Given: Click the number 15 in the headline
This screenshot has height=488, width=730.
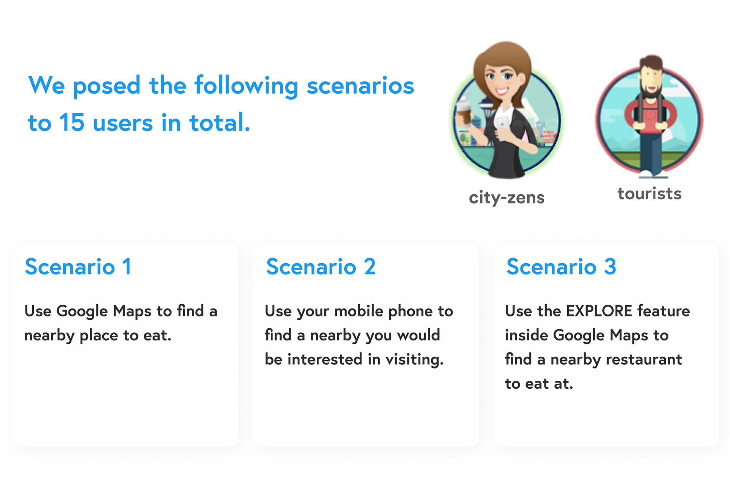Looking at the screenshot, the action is click(71, 122).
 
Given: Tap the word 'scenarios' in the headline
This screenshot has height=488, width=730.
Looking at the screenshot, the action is click(360, 85).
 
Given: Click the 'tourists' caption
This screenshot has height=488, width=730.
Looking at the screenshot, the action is click(649, 194).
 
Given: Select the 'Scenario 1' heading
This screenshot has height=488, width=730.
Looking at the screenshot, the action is click(78, 267).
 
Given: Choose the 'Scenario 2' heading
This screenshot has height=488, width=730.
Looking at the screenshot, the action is click(321, 267).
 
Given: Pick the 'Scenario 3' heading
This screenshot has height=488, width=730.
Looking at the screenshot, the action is click(561, 267).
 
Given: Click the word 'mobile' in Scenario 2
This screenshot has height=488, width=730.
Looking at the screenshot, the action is click(359, 311).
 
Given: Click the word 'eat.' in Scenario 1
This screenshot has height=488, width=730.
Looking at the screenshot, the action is click(157, 335).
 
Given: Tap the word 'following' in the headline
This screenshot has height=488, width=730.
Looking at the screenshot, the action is click(246, 86).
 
